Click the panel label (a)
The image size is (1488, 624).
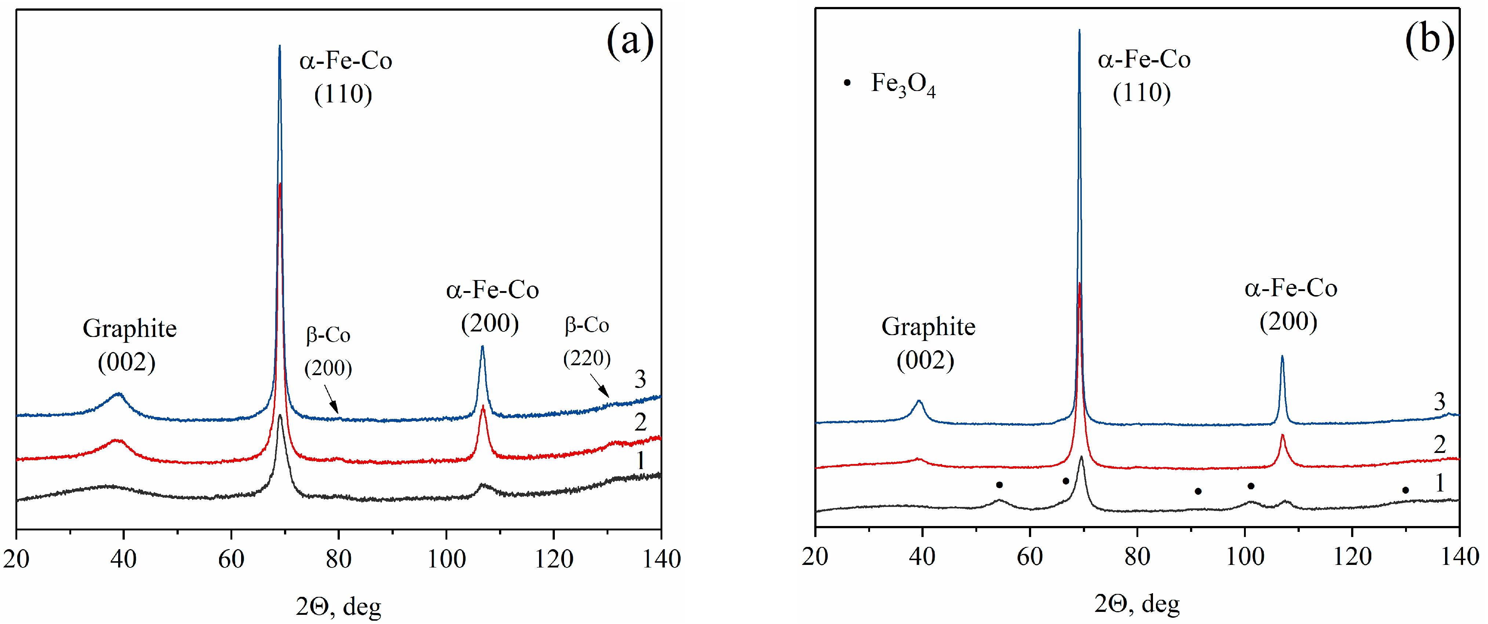[630, 41]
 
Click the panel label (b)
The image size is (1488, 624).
[1429, 40]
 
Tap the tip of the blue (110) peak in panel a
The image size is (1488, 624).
[280, 46]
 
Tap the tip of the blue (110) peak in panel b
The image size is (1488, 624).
[1079, 30]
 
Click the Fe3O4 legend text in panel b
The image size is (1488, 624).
[902, 84]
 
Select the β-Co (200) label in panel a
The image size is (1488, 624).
[328, 351]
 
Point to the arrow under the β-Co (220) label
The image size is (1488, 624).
[600, 386]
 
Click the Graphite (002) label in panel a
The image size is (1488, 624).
[130, 345]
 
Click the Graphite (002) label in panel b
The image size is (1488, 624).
[928, 343]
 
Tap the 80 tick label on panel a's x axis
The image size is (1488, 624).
[338, 559]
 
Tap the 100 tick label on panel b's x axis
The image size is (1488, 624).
[1245, 556]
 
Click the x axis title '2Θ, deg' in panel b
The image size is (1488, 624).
[1137, 604]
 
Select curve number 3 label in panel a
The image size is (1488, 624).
[640, 379]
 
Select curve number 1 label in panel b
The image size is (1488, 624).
[1440, 483]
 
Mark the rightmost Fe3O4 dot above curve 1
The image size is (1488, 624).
[1405, 490]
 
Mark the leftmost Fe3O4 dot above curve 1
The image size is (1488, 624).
[999, 485]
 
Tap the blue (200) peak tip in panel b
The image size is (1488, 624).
[1283, 356]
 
